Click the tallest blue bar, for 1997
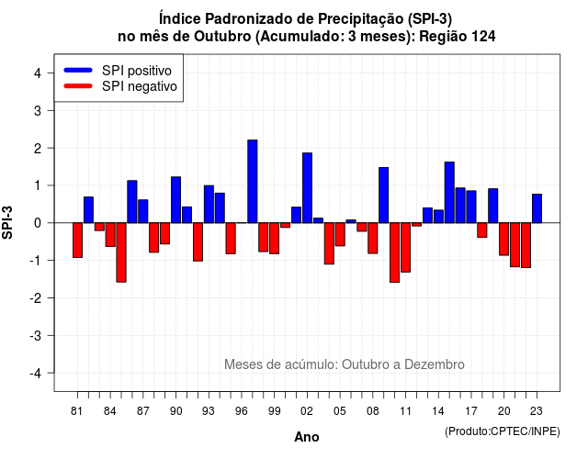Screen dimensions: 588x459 (253, 182)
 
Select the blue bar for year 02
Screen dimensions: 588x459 (307, 187)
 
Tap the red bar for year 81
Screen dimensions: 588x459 (77, 241)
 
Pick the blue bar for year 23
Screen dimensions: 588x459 (537, 208)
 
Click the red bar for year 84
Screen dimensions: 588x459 (110, 235)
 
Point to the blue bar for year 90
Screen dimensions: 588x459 (175, 200)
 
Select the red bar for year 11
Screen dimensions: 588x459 (406, 247)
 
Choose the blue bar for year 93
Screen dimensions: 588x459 (209, 204)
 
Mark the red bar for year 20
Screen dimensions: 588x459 (504, 239)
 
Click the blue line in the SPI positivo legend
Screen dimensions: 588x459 (78, 70)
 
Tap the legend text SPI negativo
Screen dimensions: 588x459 (140, 86)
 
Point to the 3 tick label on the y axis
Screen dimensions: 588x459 (38, 110)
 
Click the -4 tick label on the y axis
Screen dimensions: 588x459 (37, 374)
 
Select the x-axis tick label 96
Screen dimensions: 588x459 (242, 411)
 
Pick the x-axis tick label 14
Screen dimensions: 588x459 (438, 411)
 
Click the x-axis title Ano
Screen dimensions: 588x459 (307, 437)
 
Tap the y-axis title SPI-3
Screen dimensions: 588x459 (8, 222)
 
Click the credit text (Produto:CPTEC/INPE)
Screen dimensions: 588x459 (503, 431)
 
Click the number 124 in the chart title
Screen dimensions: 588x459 (484, 37)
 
